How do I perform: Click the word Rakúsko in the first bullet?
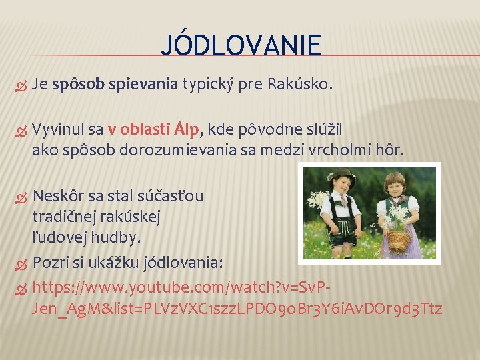coord(299,85)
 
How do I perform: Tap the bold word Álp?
coord(189,129)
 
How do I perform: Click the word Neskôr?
coord(58,196)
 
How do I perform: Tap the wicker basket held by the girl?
coord(399,241)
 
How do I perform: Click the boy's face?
coord(342,184)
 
